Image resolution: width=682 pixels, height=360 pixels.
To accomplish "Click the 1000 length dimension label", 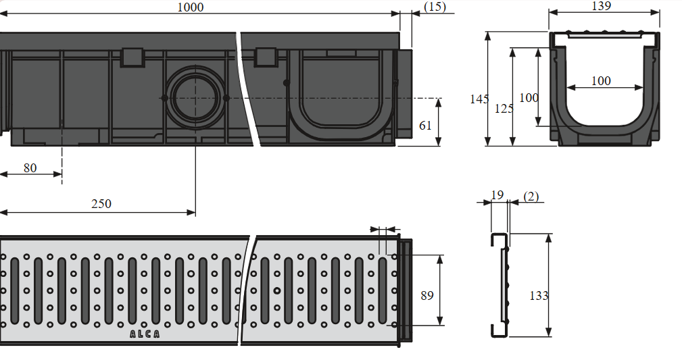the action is click(191, 7).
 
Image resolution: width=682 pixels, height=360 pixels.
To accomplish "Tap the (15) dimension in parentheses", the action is click(435, 7).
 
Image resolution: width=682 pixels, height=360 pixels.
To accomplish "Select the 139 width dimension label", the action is click(602, 5).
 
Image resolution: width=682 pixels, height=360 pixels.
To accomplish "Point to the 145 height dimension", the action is click(479, 99).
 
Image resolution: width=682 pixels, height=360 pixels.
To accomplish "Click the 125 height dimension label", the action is click(504, 109).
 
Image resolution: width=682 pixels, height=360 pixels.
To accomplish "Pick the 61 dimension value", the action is click(425, 126).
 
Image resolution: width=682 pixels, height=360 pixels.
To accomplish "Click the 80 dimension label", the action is click(30, 168).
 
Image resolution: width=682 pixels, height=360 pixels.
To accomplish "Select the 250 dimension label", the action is click(101, 203).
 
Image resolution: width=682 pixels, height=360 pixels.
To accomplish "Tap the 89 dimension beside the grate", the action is click(427, 296).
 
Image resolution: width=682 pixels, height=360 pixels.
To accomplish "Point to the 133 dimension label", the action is click(539, 296).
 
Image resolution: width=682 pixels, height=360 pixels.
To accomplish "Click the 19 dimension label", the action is click(497, 195).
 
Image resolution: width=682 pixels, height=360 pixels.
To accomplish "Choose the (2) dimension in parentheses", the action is click(531, 197).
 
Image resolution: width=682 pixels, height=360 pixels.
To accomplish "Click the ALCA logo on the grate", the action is click(145, 334).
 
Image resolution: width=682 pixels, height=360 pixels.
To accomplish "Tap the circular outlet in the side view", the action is click(195, 98).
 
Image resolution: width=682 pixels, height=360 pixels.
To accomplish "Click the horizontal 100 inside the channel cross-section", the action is click(601, 81).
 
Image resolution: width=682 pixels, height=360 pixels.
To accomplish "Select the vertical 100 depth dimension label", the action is click(529, 98).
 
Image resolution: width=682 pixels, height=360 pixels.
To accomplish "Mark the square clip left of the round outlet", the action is click(132, 57).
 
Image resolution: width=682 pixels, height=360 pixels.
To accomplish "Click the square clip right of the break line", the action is click(266, 57).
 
